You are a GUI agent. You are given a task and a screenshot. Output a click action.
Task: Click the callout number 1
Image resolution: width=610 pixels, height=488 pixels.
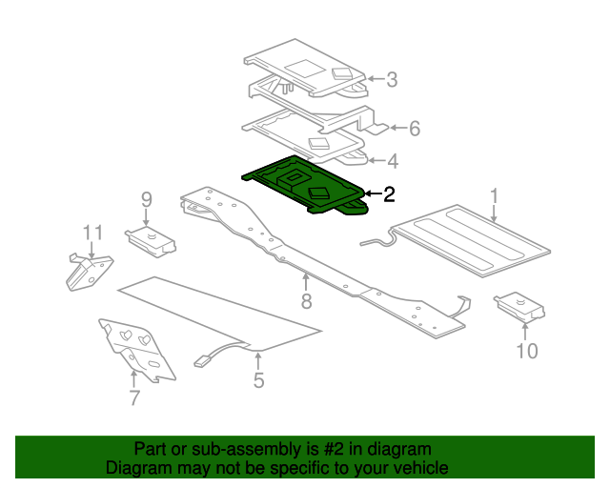(494, 196)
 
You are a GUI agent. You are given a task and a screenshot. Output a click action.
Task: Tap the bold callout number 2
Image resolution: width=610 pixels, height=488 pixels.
(389, 194)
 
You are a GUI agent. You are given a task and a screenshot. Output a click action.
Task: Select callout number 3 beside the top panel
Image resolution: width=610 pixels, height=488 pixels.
(392, 79)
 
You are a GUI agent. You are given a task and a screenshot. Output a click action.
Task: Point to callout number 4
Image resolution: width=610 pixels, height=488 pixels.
(393, 161)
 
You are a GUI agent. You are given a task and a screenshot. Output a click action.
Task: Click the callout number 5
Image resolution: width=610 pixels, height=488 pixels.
(258, 380)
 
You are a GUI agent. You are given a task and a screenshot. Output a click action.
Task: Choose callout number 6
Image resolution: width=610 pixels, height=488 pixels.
(415, 129)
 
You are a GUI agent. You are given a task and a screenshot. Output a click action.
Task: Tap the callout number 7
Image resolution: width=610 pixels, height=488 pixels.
(134, 397)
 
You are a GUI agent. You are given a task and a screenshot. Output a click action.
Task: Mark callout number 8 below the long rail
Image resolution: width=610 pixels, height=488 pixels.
(307, 301)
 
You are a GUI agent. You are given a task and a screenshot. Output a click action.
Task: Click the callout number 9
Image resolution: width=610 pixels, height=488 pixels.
(146, 200)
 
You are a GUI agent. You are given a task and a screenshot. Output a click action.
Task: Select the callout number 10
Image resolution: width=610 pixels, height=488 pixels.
(527, 351)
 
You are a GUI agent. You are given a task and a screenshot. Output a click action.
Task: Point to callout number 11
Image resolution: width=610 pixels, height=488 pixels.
(92, 233)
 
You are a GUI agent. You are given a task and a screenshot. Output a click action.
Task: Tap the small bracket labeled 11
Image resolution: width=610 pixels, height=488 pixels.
(89, 272)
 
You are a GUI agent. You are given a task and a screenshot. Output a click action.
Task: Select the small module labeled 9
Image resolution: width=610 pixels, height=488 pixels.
(151, 242)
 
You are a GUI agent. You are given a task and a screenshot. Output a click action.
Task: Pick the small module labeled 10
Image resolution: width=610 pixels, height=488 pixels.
(519, 308)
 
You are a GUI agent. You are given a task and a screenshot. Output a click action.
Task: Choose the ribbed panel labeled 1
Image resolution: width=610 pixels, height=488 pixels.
(471, 240)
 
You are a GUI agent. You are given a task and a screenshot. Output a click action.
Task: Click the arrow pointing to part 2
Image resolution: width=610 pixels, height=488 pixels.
(373, 193)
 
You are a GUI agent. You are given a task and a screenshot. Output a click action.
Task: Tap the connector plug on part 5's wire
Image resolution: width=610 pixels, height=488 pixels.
(202, 362)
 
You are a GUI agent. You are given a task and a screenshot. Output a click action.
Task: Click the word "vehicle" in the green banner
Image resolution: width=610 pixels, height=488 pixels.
(424, 468)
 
